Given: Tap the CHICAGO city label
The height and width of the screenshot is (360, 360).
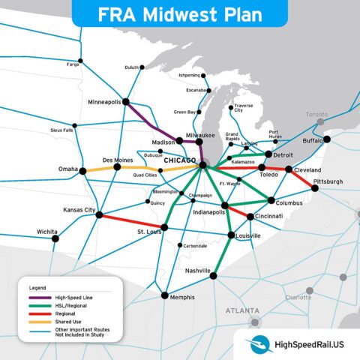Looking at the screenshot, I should (x=178, y=161).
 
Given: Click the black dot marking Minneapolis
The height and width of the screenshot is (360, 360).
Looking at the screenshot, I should (x=125, y=101).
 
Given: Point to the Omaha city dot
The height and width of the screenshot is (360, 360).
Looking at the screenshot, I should (x=82, y=171).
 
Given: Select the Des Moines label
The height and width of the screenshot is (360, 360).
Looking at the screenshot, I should (x=117, y=159).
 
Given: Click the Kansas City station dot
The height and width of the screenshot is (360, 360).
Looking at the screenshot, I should (x=99, y=214).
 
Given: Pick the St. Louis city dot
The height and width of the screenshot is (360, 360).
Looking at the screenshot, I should (x=164, y=226).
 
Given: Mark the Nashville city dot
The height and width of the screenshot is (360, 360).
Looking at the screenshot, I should (x=212, y=275).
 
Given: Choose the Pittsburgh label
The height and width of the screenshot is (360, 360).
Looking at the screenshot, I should (x=328, y=181).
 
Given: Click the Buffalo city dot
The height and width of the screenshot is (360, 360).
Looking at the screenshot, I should (x=326, y=139).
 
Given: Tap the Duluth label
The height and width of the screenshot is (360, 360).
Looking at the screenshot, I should (x=132, y=67).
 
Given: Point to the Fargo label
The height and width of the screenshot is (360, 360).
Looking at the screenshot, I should (x=73, y=64).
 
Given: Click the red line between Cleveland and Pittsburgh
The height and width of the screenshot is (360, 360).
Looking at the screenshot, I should (x=302, y=178).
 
